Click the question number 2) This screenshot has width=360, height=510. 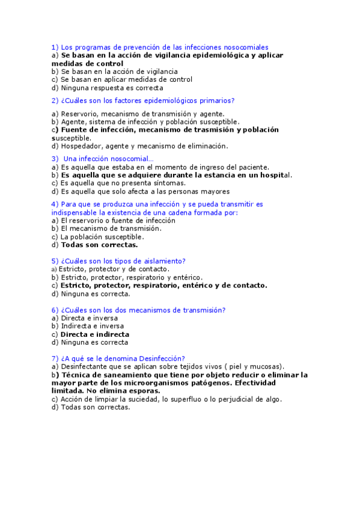point(55,100)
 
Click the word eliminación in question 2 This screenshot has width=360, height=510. point(207,146)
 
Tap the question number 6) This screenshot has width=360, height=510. point(55,310)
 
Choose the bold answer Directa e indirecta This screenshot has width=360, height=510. point(95,334)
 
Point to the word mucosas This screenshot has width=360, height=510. point(265,366)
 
